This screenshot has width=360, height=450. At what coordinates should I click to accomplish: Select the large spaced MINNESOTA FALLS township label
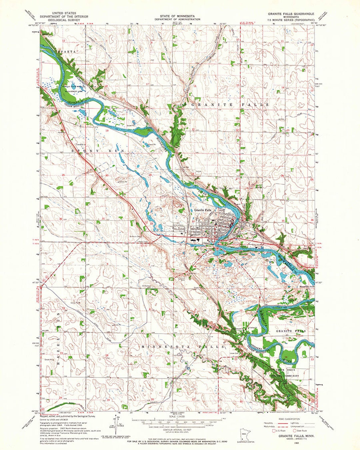point(182,347)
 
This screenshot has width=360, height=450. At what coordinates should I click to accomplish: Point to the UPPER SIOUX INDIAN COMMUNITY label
point(287,373)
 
